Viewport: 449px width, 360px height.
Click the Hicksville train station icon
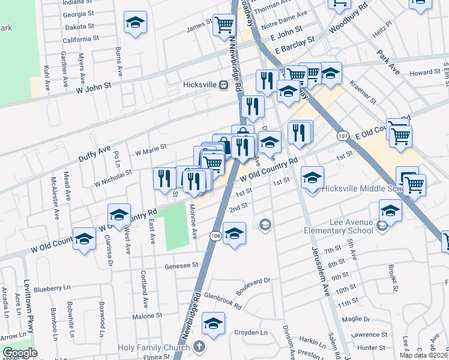pos(223,85)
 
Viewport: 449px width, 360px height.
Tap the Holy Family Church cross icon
pos(200,347)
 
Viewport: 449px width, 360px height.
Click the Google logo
pos(19,353)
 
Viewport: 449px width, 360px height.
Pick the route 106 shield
pos(215,236)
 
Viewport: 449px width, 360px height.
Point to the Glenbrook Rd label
pos(223,301)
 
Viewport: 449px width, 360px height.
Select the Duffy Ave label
pos(94,155)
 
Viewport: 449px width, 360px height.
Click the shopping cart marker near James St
pos(224,25)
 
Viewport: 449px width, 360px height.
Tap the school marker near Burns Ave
pos(136,23)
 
